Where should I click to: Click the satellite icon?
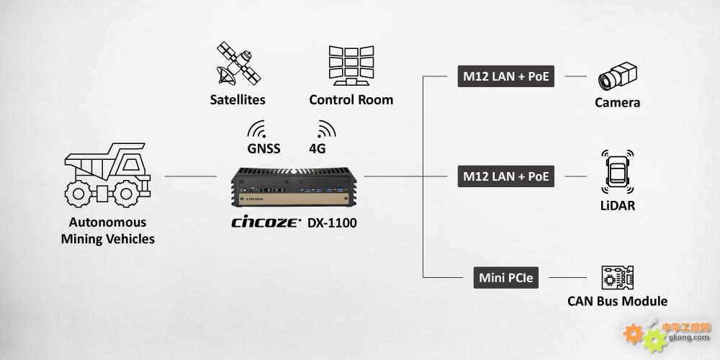238,63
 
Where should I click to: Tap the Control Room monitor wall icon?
351,66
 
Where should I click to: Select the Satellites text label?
238,99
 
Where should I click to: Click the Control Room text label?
351,99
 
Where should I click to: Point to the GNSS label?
264,149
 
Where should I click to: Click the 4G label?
318,149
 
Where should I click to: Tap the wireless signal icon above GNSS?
257,130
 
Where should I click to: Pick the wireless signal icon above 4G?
326,129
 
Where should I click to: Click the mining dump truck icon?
107,174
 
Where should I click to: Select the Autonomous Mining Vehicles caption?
108,230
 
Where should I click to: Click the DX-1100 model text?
332,222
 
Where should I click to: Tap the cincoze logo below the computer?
266,222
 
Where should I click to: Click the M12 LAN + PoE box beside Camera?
506,76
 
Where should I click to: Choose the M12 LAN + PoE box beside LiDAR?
506,176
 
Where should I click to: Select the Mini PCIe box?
506,278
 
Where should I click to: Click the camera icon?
618,76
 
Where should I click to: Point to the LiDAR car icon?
618,172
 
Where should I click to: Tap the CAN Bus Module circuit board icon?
618,278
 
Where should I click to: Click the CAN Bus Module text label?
618,301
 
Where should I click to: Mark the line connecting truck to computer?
191,176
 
